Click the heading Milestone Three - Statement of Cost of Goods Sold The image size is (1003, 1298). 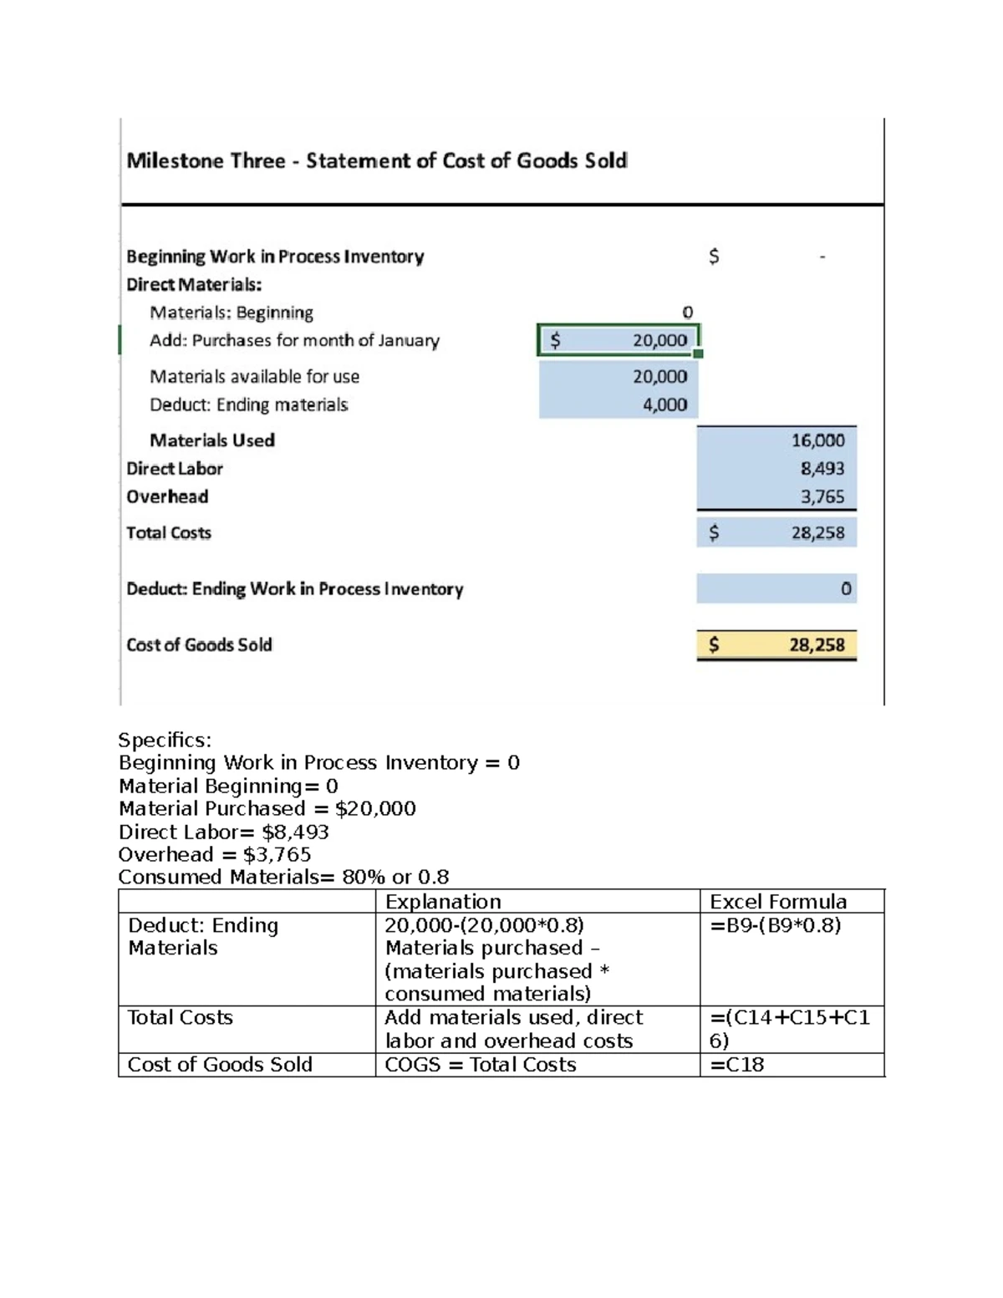pyautogui.click(x=376, y=160)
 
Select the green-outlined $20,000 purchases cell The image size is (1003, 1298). pyautogui.click(x=619, y=340)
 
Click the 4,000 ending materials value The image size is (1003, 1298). pyautogui.click(x=664, y=405)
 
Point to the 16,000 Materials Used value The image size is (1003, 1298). pyautogui.click(x=817, y=440)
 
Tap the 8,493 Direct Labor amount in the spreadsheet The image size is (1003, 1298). pyautogui.click(x=822, y=469)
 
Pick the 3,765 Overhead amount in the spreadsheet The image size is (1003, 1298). pyautogui.click(x=822, y=496)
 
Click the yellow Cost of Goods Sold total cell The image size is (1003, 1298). pyautogui.click(x=776, y=644)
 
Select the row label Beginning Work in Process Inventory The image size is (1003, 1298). pyautogui.click(x=275, y=257)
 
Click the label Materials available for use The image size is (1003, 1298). pyautogui.click(x=254, y=377)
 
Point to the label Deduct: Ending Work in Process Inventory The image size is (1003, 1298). pyautogui.click(x=294, y=589)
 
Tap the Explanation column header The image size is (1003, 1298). pyautogui.click(x=443, y=902)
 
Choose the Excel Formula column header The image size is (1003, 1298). pyautogui.click(x=777, y=902)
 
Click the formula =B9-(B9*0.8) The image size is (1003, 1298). pyautogui.click(x=775, y=925)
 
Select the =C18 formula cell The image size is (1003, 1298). pyautogui.click(x=736, y=1065)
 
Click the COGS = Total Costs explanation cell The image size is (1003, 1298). pyautogui.click(x=480, y=1065)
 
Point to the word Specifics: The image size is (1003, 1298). pyautogui.click(x=165, y=740)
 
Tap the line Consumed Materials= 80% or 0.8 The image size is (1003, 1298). pyautogui.click(x=283, y=877)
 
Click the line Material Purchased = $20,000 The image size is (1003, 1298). pyautogui.click(x=267, y=808)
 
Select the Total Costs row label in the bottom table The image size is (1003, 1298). pyautogui.click(x=180, y=1017)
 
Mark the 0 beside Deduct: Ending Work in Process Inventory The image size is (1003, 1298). pyautogui.click(x=846, y=589)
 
